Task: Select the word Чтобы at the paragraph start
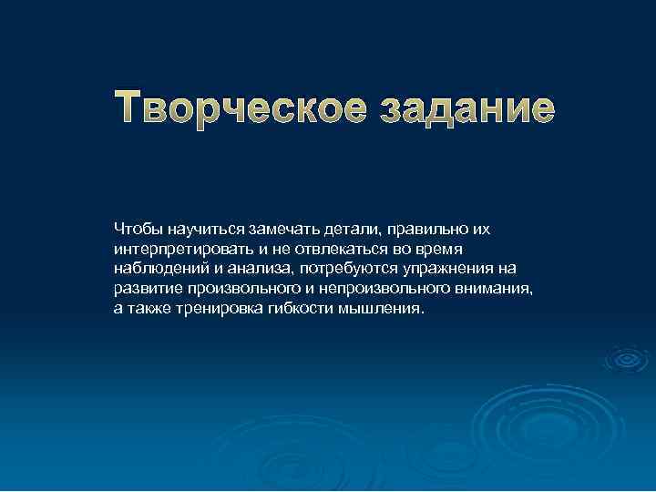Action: [137, 226]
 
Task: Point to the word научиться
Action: [200, 226]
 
